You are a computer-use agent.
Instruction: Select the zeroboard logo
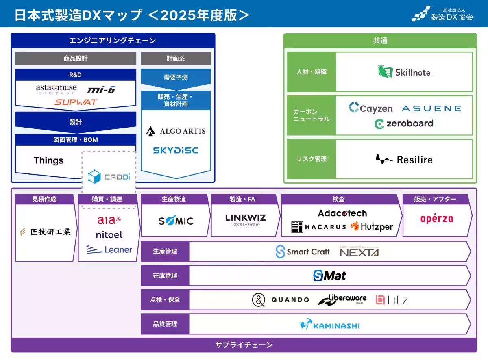click(x=404, y=124)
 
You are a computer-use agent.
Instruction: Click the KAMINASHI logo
click(x=330, y=325)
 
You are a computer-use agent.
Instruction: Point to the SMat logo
click(x=330, y=276)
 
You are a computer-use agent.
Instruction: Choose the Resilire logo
click(x=404, y=159)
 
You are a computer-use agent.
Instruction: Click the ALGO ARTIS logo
click(x=176, y=131)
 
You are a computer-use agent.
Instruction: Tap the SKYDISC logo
click(x=176, y=150)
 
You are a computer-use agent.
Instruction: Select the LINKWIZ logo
click(x=246, y=219)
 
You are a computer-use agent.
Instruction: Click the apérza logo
click(x=436, y=219)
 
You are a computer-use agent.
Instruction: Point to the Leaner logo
click(x=109, y=249)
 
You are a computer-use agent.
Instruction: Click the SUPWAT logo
click(x=76, y=102)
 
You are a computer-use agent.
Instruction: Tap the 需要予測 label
click(x=176, y=77)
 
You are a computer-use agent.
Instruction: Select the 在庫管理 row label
click(x=165, y=275)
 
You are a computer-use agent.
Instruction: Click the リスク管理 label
click(x=311, y=159)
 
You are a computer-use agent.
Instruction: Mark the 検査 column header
click(x=338, y=199)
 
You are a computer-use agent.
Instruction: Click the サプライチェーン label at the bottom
click(x=244, y=345)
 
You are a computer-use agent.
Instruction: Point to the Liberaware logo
click(x=342, y=300)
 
